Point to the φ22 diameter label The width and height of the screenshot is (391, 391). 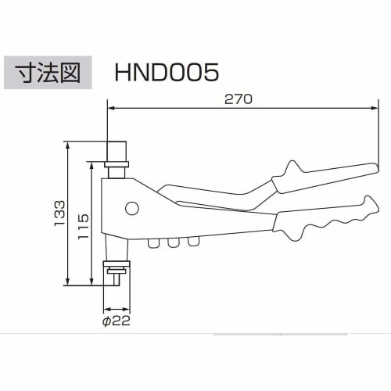click(117, 320)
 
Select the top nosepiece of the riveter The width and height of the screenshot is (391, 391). click(117, 153)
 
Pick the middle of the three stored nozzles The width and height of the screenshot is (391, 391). click(171, 244)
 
